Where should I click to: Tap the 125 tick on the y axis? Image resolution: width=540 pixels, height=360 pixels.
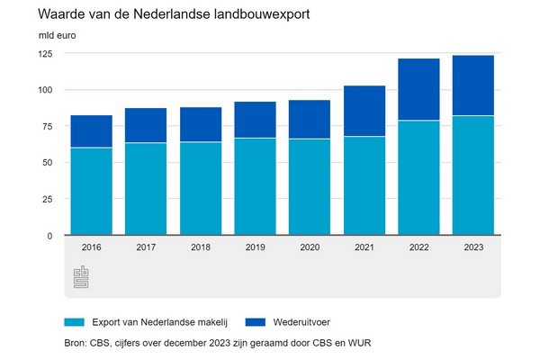pyautogui.click(x=45, y=54)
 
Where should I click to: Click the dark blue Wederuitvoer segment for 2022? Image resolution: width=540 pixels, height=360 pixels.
pyautogui.click(x=418, y=89)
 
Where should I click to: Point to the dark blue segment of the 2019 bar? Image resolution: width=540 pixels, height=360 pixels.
pyautogui.click(x=255, y=120)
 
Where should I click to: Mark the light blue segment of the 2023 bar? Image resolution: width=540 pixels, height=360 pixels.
pyautogui.click(x=472, y=175)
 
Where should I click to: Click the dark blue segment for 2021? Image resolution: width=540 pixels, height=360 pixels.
pyautogui.click(x=364, y=111)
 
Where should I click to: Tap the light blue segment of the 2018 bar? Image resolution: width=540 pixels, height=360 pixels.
pyautogui.click(x=200, y=189)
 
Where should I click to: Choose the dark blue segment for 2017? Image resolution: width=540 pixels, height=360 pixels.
pyautogui.click(x=146, y=125)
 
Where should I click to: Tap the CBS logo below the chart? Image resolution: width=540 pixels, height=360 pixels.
pyautogui.click(x=81, y=277)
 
